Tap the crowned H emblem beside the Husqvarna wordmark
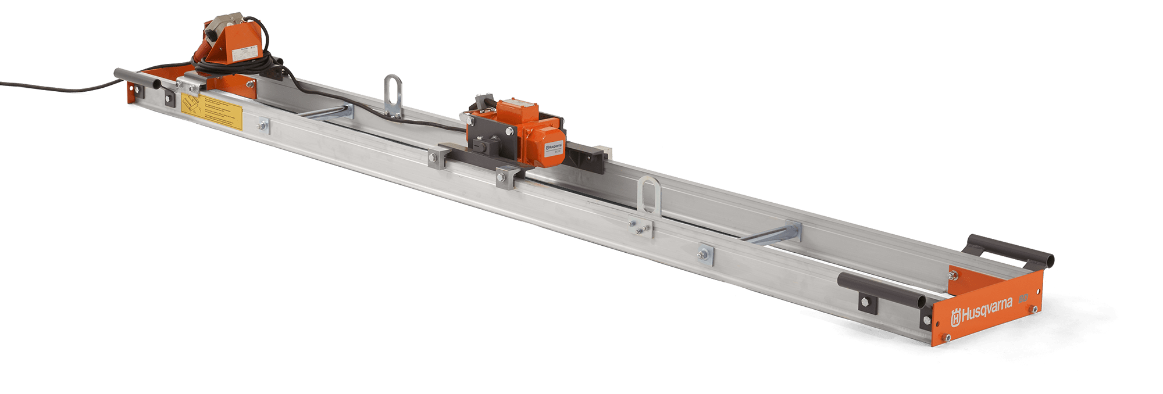tap(955, 319)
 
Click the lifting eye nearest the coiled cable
tap(393, 93)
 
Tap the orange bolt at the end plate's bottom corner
tap(948, 338)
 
